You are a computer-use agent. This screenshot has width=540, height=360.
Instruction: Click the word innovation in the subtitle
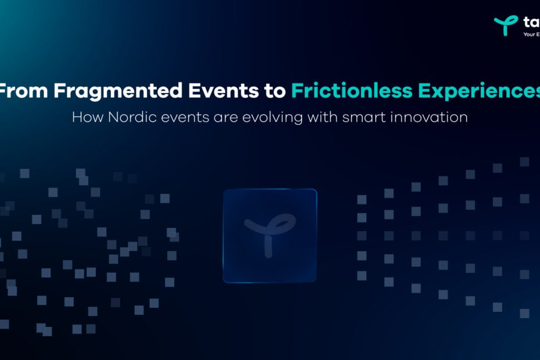431,117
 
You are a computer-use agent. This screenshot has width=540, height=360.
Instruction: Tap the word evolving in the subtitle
290,117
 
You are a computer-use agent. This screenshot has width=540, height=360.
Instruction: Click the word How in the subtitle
85,117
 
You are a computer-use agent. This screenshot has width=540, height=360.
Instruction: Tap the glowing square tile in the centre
270,235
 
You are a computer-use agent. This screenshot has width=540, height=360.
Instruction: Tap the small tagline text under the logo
531,34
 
